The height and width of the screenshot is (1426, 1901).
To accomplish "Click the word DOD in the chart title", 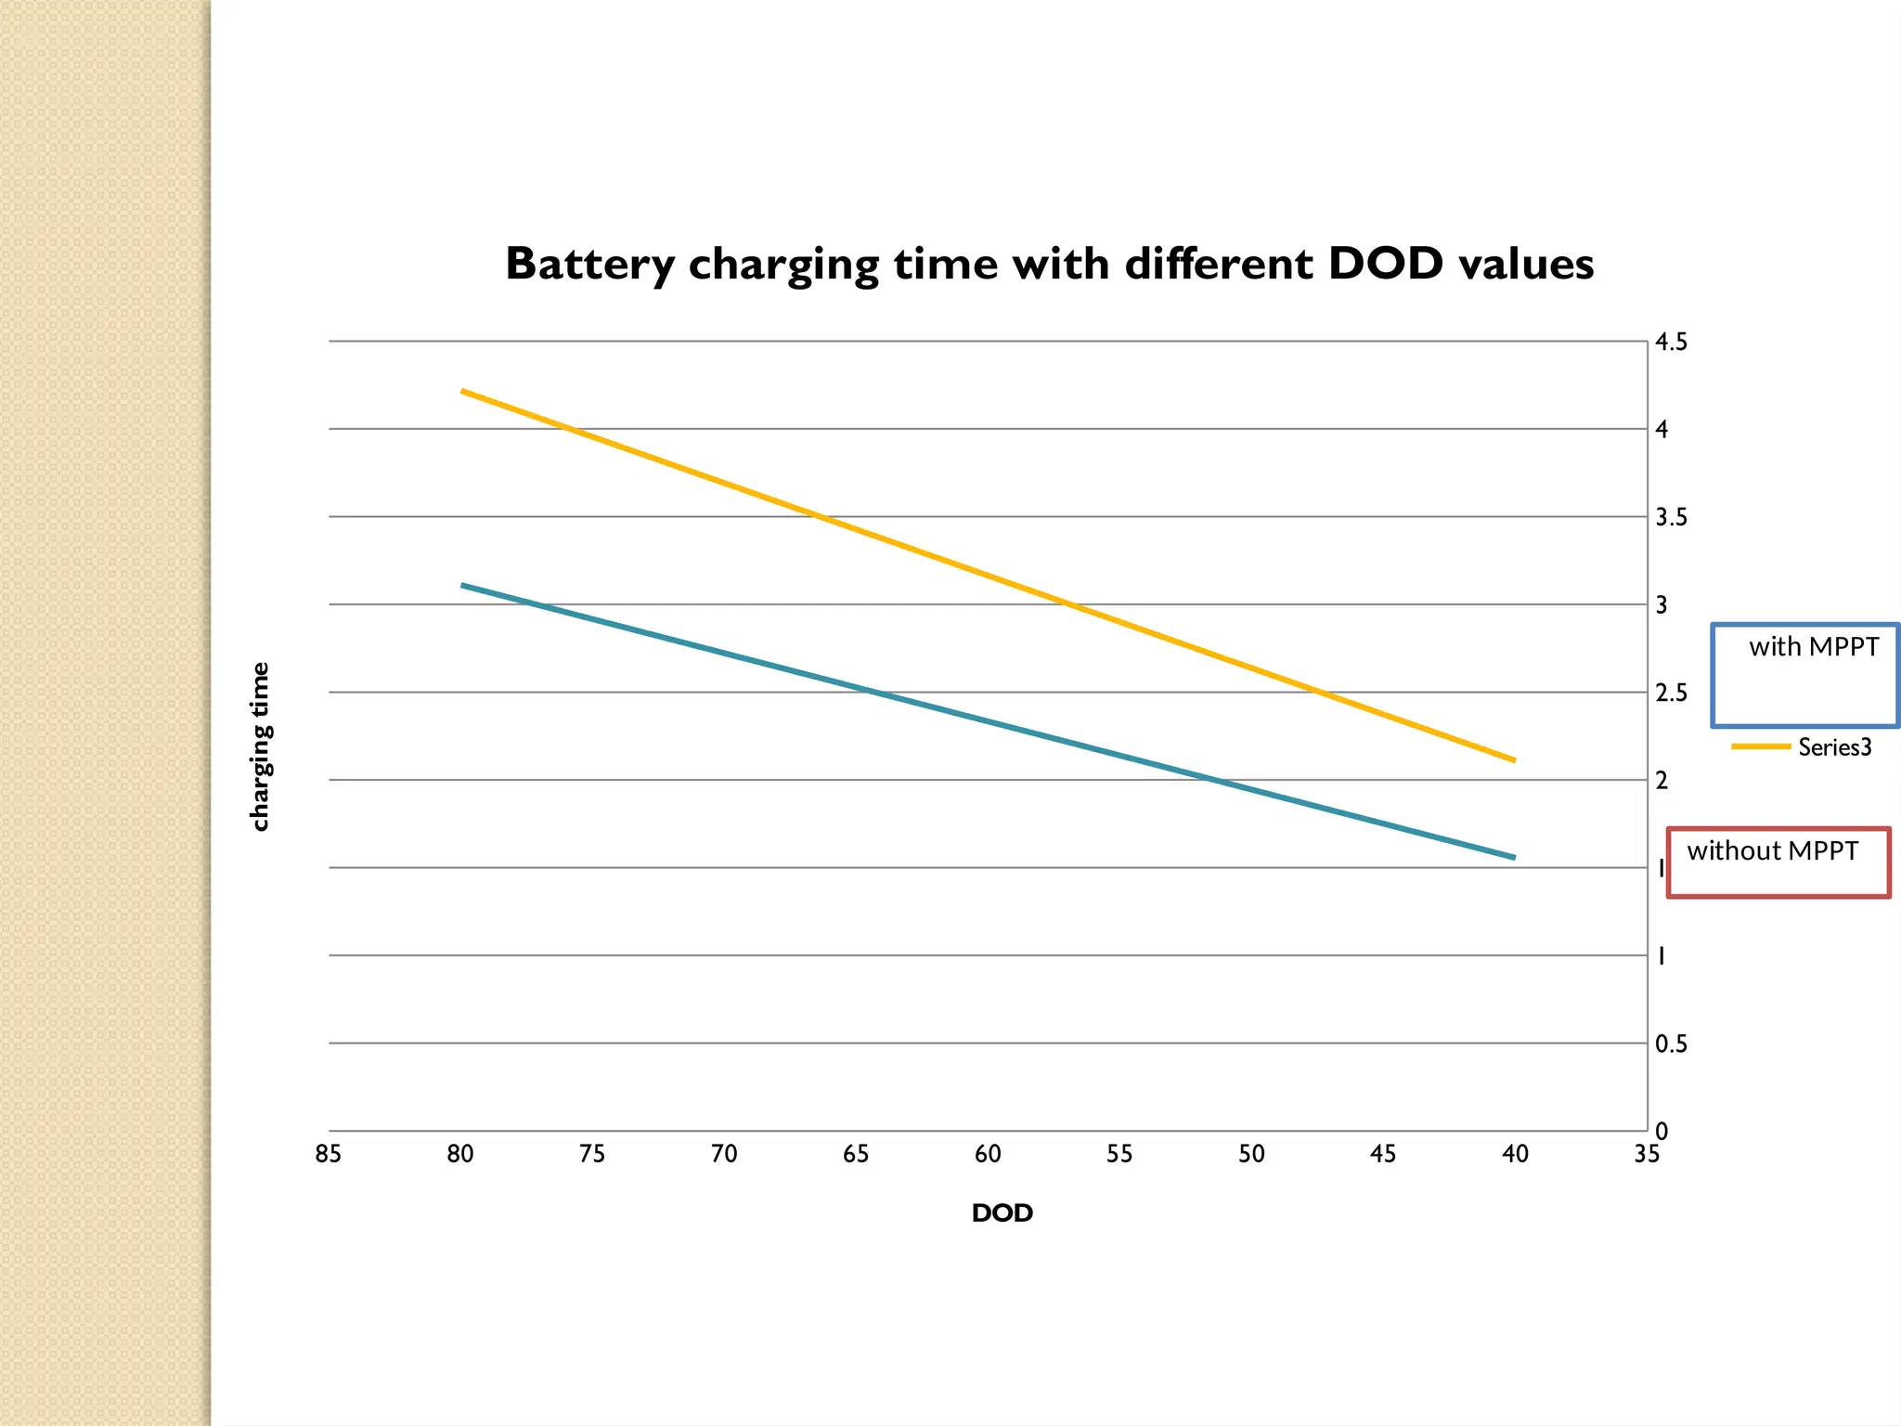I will (x=1386, y=264).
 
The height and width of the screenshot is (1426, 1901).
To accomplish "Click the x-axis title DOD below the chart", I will (x=1002, y=1213).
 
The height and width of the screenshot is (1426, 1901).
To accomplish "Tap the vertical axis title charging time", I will (x=261, y=746).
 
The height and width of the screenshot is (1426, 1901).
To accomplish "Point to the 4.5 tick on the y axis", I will (x=1671, y=343).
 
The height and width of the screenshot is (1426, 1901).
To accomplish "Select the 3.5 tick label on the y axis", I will (x=1671, y=517).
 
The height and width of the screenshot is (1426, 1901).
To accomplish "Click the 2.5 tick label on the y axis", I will (x=1671, y=694).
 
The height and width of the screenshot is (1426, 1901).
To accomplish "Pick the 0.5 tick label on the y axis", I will (x=1671, y=1044).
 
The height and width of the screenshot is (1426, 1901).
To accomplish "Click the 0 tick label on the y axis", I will (x=1662, y=1132).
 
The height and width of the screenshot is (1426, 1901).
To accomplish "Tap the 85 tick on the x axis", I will (x=329, y=1154).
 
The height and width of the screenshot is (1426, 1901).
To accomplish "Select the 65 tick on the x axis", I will (x=856, y=1154).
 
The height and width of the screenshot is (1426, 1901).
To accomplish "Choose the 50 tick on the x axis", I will (x=1251, y=1154).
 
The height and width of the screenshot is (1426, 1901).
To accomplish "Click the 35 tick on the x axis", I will (x=1647, y=1154).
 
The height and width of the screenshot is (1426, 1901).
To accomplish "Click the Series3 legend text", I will (x=1834, y=747).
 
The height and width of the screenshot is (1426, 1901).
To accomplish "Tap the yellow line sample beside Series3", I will (x=1760, y=746).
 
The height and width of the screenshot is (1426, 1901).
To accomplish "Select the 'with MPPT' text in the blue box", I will (x=1814, y=647).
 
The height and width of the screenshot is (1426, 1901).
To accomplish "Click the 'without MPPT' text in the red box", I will (x=1772, y=851).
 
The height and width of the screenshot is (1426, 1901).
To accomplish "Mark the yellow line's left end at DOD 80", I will (x=462, y=391).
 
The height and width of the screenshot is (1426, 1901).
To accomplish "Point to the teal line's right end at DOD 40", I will (x=1515, y=858).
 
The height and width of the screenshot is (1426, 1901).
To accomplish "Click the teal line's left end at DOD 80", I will (x=462, y=585).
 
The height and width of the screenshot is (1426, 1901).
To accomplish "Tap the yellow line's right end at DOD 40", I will (x=1515, y=760).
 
